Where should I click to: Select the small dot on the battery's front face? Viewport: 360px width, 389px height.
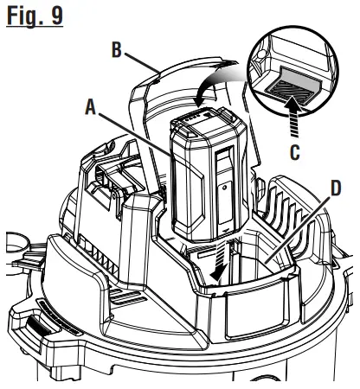(222, 186)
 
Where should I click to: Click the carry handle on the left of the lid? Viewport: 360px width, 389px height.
(100, 186)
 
